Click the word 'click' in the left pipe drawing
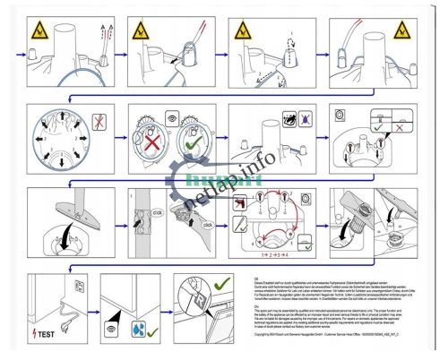tap(155, 214)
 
